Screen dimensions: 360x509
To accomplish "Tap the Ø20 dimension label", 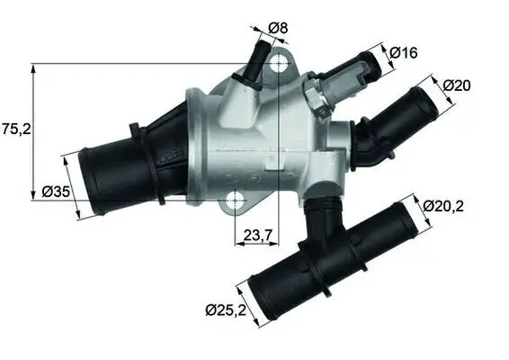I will [459, 85].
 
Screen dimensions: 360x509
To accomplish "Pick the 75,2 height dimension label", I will [16, 129].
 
